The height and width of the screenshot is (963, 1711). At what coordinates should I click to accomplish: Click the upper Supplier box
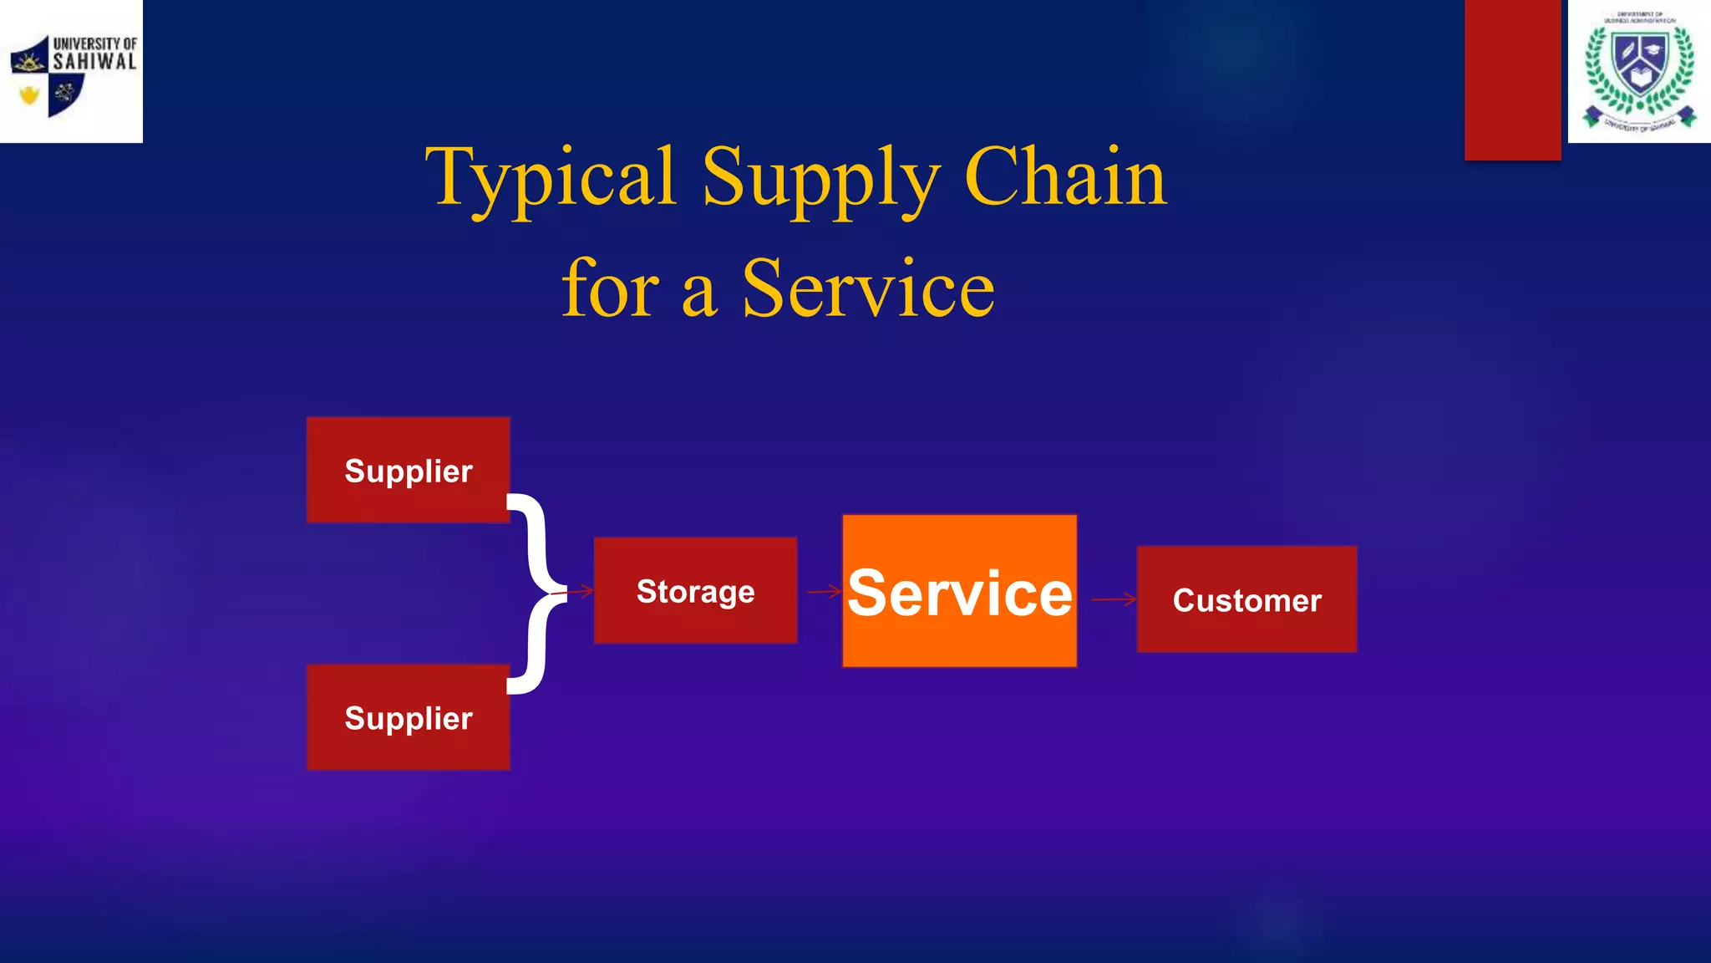pyautogui.click(x=408, y=470)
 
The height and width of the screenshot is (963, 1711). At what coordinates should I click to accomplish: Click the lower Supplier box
pyautogui.click(x=408, y=717)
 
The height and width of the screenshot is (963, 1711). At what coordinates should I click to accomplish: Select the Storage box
pyautogui.click(x=695, y=590)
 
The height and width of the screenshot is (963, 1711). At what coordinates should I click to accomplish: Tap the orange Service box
pyautogui.click(x=959, y=591)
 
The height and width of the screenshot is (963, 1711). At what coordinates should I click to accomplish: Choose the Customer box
pyautogui.click(x=1246, y=599)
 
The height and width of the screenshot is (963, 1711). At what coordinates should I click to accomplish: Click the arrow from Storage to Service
pyautogui.click(x=824, y=592)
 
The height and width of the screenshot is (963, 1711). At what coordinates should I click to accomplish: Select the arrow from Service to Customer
pyautogui.click(x=1114, y=599)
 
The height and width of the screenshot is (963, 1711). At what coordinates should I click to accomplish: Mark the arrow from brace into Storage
pyautogui.click(x=576, y=592)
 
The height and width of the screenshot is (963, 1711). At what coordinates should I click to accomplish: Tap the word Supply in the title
pyautogui.click(x=820, y=179)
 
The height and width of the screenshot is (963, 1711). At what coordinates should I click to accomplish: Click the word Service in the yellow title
pyautogui.click(x=868, y=289)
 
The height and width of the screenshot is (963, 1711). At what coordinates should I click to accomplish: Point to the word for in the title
pyautogui.click(x=611, y=288)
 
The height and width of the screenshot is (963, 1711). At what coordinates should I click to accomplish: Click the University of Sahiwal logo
pyautogui.click(x=71, y=72)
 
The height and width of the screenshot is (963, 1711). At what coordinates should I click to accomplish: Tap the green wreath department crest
pyautogui.click(x=1639, y=72)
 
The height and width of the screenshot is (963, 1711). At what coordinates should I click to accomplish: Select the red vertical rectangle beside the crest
pyautogui.click(x=1512, y=79)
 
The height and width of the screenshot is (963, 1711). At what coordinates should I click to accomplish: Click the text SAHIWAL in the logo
pyautogui.click(x=94, y=62)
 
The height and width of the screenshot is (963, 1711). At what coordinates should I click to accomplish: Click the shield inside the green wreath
pyautogui.click(x=1639, y=63)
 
